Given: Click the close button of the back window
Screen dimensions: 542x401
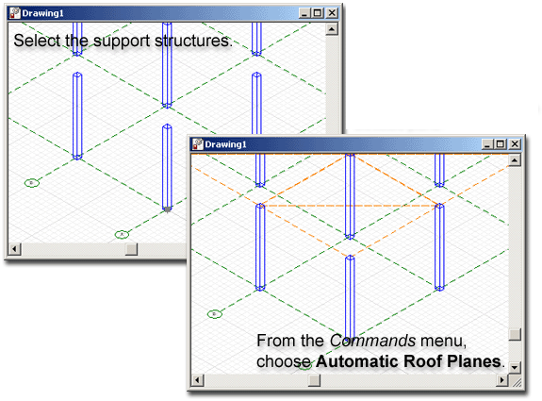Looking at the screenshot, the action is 332,13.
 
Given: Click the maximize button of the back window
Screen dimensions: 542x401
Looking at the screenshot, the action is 318,13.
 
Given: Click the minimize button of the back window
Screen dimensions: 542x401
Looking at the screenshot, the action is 304,13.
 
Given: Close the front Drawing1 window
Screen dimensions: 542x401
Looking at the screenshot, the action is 515,144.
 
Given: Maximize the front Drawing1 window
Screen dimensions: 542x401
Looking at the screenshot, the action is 501,144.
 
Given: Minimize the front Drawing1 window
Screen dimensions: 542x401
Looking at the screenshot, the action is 487,144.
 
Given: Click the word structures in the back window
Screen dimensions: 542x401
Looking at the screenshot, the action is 193,41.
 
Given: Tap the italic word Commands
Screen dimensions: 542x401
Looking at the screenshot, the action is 372,341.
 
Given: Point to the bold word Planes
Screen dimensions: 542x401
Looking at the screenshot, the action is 474,361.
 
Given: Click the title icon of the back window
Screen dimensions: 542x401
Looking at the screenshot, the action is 15,13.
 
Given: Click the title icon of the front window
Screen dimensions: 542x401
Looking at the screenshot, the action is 198,144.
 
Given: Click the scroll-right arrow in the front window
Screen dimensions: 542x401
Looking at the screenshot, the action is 502,380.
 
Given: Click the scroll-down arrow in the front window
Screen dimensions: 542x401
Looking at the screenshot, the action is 515,367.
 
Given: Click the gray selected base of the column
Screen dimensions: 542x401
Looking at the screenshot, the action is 167,209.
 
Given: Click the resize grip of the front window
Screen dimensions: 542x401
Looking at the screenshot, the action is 516,381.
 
